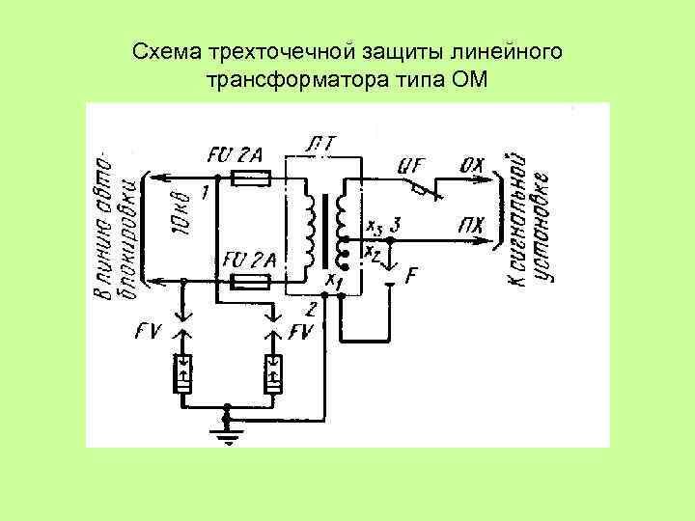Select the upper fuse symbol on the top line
click(x=253, y=178)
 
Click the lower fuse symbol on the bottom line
click(x=253, y=282)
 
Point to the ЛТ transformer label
click(x=319, y=145)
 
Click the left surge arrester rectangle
click(x=181, y=373)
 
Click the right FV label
click(x=304, y=333)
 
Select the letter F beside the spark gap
click(x=411, y=276)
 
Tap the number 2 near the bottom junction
click(x=311, y=309)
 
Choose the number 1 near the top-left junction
click(x=206, y=192)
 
